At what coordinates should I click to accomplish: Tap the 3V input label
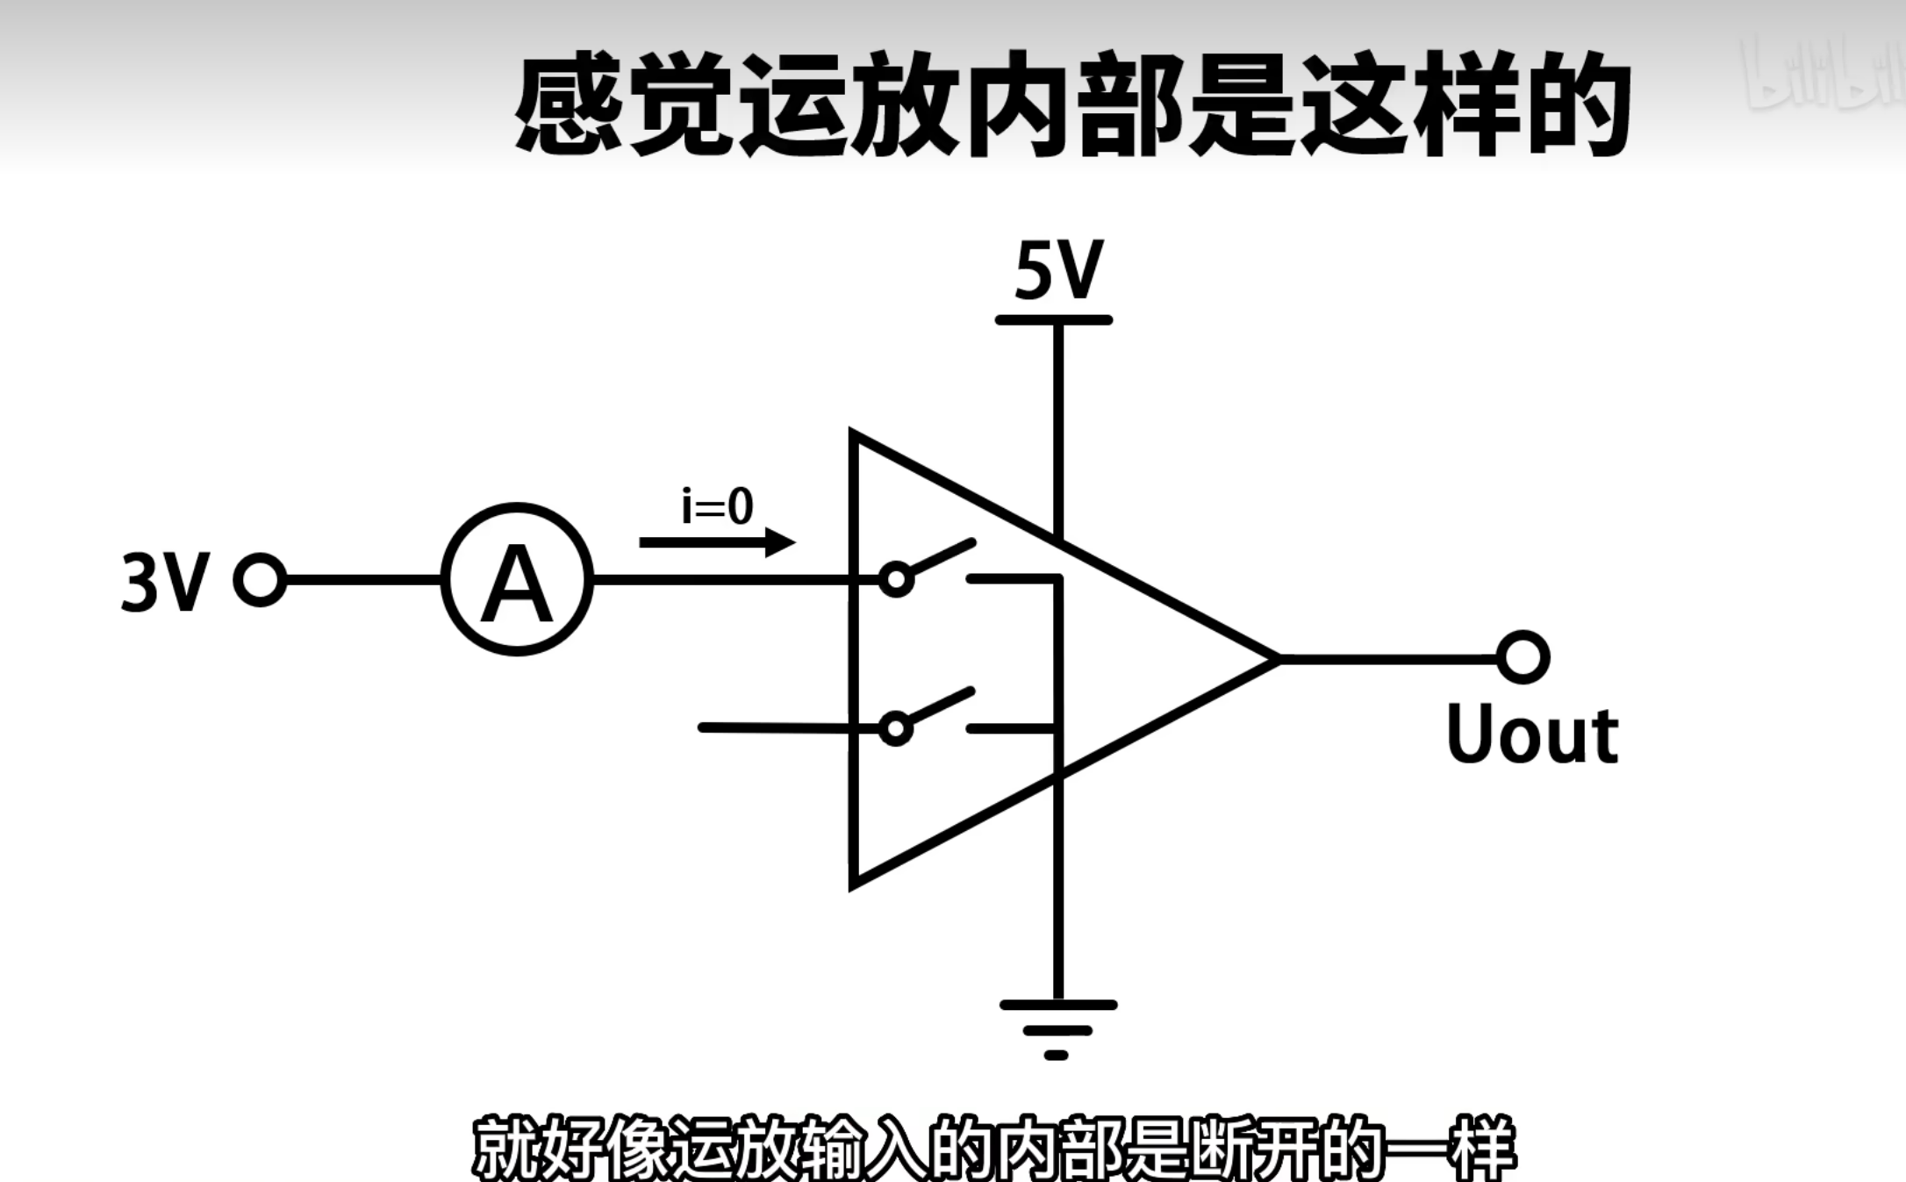(165, 582)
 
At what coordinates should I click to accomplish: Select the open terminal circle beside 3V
(260, 580)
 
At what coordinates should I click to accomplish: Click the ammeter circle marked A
(517, 580)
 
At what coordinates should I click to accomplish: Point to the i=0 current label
(717, 506)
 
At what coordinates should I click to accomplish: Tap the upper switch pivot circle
(895, 580)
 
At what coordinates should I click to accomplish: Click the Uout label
(1531, 735)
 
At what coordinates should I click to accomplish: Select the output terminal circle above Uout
(1523, 657)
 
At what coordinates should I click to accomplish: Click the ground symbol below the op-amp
(1057, 1027)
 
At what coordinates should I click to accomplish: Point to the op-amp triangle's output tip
(1274, 657)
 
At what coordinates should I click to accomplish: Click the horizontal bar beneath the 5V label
(1054, 320)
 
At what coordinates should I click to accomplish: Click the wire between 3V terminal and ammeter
(362, 580)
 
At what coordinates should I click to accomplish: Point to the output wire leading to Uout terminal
(1387, 657)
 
